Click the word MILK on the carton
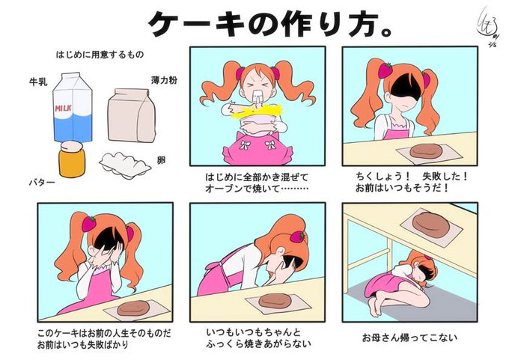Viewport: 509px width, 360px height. [x=64, y=108]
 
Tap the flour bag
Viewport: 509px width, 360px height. [x=132, y=115]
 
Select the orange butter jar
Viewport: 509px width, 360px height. [x=72, y=159]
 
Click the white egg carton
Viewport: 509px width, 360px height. [x=125, y=165]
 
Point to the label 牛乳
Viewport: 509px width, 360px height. [x=38, y=82]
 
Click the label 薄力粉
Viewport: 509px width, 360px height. [x=164, y=80]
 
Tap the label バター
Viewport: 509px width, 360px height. [x=42, y=183]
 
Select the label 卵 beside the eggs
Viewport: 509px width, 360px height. [x=162, y=160]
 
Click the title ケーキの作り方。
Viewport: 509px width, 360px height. [x=271, y=24]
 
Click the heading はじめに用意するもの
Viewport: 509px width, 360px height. [x=100, y=55]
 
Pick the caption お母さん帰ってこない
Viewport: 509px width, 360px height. [x=409, y=338]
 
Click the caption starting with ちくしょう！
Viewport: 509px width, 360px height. [x=412, y=182]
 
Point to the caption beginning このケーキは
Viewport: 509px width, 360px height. [x=104, y=339]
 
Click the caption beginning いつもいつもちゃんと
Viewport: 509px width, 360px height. [x=258, y=338]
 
